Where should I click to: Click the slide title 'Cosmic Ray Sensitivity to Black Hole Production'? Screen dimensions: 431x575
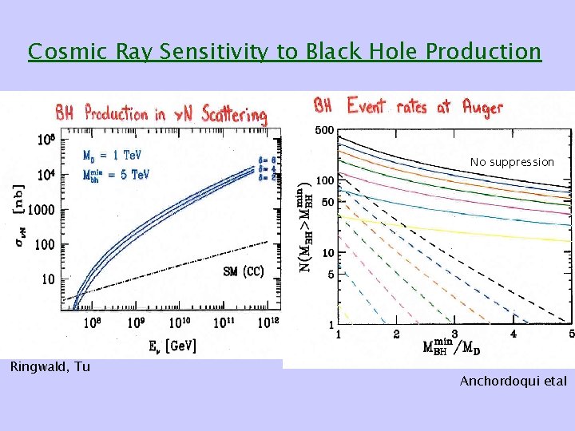click(284, 52)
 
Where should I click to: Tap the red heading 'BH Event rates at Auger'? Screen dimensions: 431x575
click(408, 106)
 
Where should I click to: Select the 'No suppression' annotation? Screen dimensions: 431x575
click(512, 162)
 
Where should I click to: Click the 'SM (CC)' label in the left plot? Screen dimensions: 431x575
click(243, 271)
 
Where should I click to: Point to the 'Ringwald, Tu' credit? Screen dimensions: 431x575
click(49, 367)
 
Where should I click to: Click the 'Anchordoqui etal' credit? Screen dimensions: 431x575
click(513, 381)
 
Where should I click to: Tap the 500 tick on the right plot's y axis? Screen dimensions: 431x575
click(324, 131)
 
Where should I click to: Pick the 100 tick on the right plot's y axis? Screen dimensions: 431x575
click(324, 181)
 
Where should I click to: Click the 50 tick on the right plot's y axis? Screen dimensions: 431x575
click(327, 203)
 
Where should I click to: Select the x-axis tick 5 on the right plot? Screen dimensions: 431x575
click(571, 334)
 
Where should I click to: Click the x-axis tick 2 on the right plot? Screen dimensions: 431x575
click(396, 334)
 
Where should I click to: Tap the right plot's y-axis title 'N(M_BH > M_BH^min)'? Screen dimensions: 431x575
click(306, 225)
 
